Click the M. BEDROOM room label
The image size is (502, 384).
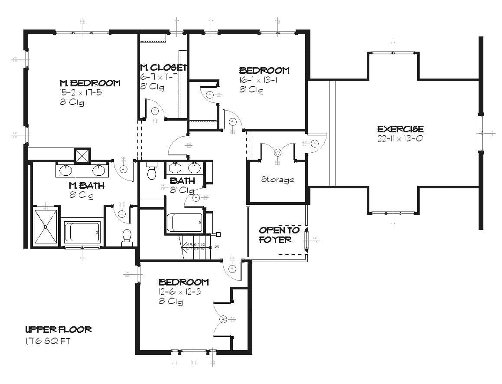[90, 83]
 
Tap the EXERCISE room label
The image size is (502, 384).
[400, 129]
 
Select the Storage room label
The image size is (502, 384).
[277, 179]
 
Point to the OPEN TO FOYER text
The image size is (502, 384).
[279, 235]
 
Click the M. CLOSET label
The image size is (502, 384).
[163, 68]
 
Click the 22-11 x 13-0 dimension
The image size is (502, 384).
[400, 139]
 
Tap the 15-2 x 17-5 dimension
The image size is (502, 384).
[81, 92]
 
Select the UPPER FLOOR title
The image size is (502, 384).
[58, 330]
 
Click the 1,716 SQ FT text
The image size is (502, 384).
[48, 341]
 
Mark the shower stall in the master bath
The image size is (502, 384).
[46, 226]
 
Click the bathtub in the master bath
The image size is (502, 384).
[82, 233]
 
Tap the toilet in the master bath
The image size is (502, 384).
[127, 237]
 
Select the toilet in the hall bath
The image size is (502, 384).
[152, 171]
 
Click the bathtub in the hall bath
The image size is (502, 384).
[185, 222]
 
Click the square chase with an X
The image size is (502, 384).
[82, 155]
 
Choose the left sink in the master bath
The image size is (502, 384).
[66, 170]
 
